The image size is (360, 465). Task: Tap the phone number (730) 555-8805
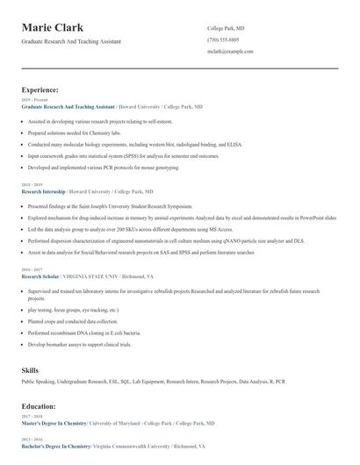pos(225,40)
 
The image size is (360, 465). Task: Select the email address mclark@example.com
pos(230,52)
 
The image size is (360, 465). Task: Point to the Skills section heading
pos(30,370)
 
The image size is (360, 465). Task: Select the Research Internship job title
pos(45,190)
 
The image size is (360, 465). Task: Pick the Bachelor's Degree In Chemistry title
pos(56,446)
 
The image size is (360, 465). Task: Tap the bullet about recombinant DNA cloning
pos(84,333)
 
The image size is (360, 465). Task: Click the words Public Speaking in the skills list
pos(38,383)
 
